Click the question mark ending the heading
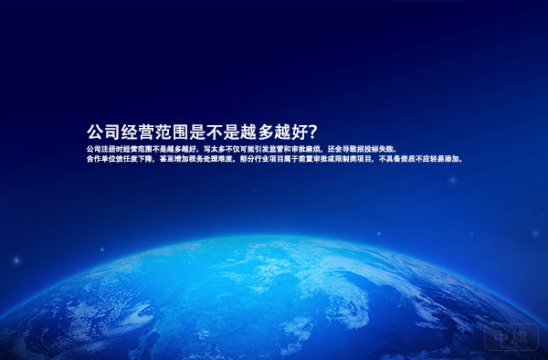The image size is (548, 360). click(x=312, y=131)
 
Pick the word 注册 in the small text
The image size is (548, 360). click(x=106, y=148)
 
